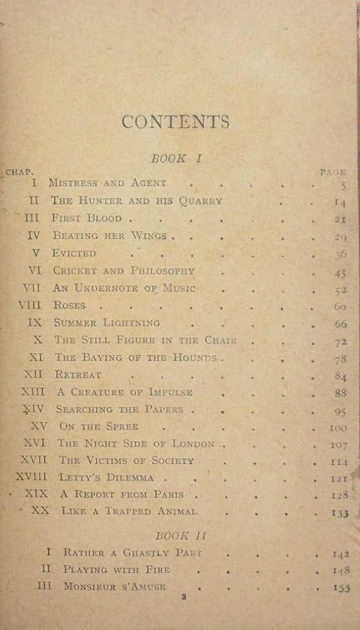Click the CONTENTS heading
175,122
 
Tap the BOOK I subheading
177,158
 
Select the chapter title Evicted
74,253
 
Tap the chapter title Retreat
78,375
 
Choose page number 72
341,342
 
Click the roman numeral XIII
34,392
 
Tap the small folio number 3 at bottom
184,597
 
